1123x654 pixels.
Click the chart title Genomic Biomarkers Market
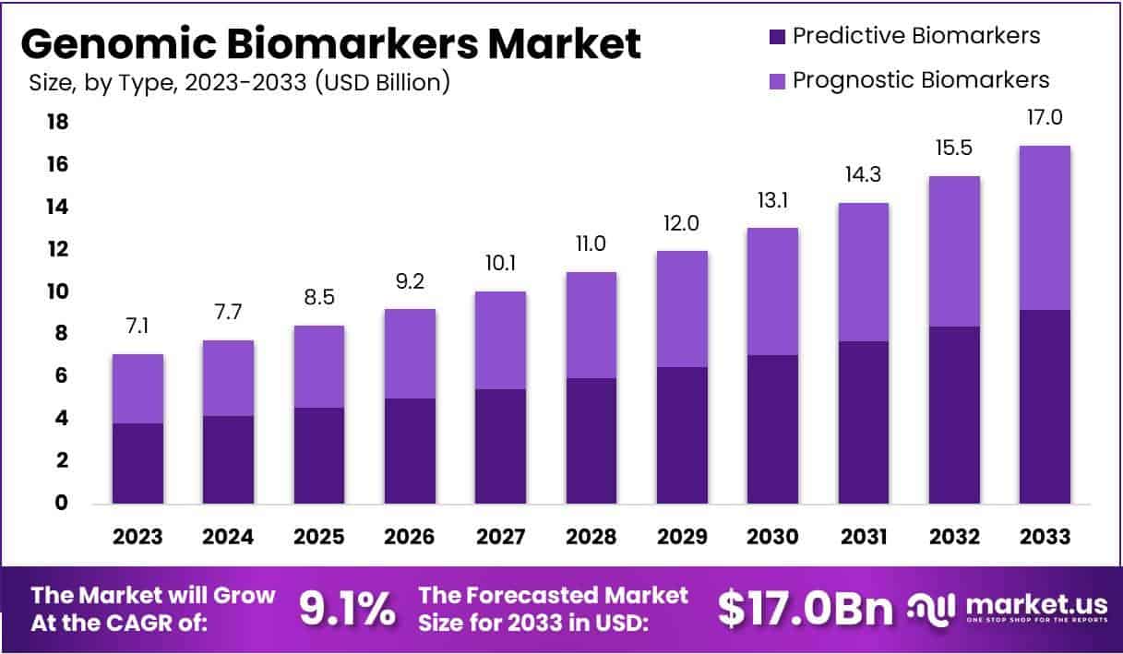pyautogui.click(x=330, y=43)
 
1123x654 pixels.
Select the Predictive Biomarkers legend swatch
pyautogui.click(x=776, y=37)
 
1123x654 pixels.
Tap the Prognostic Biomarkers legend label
pyautogui.click(x=921, y=80)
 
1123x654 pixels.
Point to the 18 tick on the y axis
pyautogui.click(x=57, y=122)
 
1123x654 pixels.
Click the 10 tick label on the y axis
pyautogui.click(x=57, y=291)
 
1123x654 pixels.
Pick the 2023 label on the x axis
pyautogui.click(x=138, y=537)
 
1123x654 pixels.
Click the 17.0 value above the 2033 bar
pyautogui.click(x=1045, y=118)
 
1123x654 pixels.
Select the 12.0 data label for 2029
pyautogui.click(x=683, y=224)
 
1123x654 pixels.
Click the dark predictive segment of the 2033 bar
pyautogui.click(x=1045, y=407)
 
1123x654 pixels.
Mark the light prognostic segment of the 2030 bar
pyautogui.click(x=772, y=291)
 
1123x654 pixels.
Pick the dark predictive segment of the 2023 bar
pyautogui.click(x=138, y=463)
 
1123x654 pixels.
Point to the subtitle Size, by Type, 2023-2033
pyautogui.click(x=240, y=83)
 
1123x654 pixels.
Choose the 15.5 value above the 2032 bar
pyautogui.click(x=954, y=149)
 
